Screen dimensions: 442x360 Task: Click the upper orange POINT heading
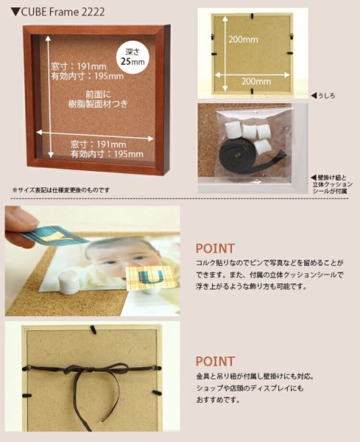(215, 248)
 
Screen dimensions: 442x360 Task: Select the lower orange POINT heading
(215, 361)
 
